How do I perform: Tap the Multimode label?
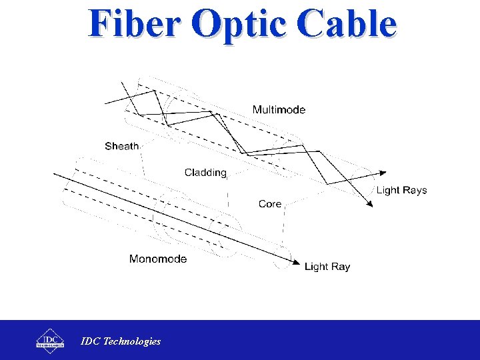tap(279, 110)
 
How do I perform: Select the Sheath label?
tap(122, 146)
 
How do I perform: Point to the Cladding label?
tap(205, 173)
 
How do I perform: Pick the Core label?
tap(270, 204)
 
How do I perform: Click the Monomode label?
tap(158, 259)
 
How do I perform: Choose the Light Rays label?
tap(401, 190)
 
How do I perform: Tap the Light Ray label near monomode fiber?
tap(327, 267)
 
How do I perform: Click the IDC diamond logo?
tap(50, 339)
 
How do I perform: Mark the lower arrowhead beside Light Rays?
tap(370, 203)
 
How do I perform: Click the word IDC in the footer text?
tap(91, 341)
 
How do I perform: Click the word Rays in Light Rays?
tap(415, 190)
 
